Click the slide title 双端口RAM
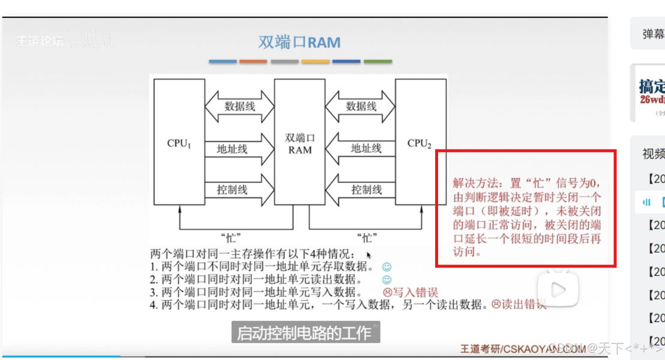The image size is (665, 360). coord(299,43)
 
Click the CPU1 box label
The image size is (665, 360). coord(179,144)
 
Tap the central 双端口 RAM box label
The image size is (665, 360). coord(300,143)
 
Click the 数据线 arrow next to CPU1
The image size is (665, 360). coord(239,107)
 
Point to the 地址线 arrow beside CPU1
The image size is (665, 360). coord(239,148)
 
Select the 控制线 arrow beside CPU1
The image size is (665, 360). coord(239,190)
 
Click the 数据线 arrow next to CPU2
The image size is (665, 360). coord(361,107)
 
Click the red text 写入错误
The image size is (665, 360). coord(415,293)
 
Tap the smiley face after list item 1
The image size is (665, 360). coord(387,266)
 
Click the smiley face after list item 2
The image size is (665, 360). coord(387,280)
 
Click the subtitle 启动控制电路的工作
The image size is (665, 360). coord(305,333)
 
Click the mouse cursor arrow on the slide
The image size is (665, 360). coord(369,255)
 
